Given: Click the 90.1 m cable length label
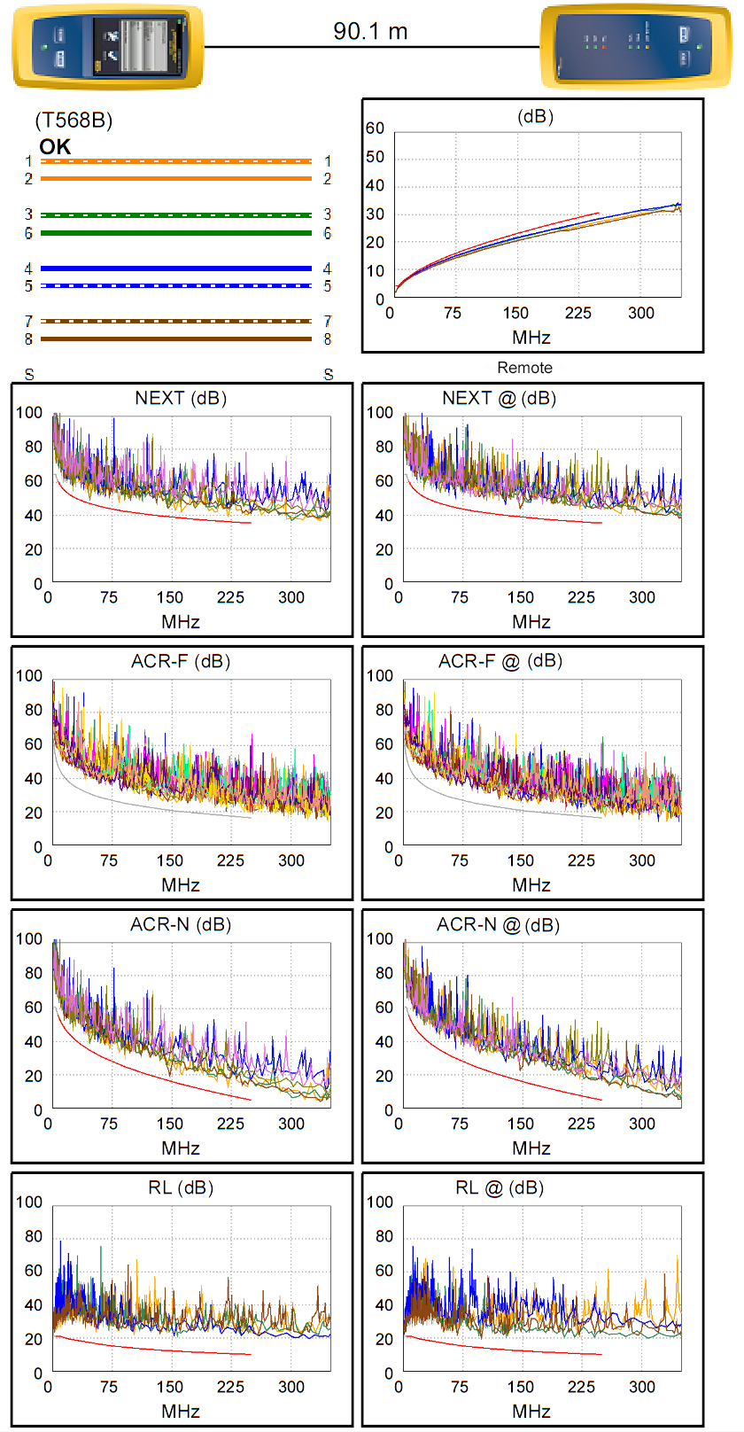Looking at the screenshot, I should click(370, 31).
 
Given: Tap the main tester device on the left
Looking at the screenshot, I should click(107, 47).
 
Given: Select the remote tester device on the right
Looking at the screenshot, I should click(635, 47).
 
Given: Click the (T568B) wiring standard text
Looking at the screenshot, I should click(74, 121).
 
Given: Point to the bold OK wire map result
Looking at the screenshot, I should click(55, 147).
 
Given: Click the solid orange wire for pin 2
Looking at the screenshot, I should click(176, 179).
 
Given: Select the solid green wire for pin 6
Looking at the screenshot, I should click(176, 233).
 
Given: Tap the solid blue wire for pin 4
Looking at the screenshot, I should click(176, 268).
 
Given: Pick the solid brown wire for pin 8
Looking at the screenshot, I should click(176, 339).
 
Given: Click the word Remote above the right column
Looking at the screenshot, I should click(524, 368).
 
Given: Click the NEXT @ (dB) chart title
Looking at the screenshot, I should click(499, 398).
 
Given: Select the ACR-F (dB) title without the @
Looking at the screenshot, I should click(181, 661).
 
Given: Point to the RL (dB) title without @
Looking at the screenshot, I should click(181, 1187).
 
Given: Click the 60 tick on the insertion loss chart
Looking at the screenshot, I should click(375, 128).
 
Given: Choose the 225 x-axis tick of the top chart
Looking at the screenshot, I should click(578, 313).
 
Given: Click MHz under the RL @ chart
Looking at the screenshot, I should click(531, 1411).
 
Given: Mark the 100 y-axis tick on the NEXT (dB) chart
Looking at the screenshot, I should click(28, 412).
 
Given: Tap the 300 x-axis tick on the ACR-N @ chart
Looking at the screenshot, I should click(642, 1124).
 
